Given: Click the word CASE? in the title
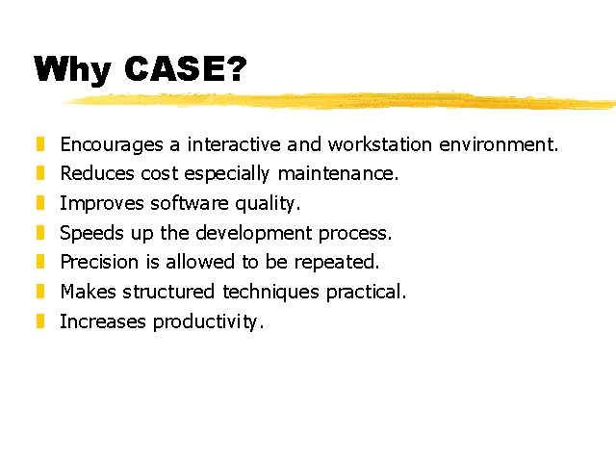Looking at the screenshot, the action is pyautogui.click(x=186, y=68).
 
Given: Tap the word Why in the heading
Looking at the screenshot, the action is pyautogui.click(x=73, y=70).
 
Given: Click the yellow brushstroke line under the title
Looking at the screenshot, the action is pyautogui.click(x=339, y=100).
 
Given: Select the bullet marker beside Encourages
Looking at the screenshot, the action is pyautogui.click(x=40, y=143).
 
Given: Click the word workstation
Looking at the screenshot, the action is pyautogui.click(x=380, y=144).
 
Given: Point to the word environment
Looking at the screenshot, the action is pyautogui.click(x=499, y=144).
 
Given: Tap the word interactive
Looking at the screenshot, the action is pyautogui.click(x=234, y=144).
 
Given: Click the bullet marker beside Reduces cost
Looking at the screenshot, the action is pyautogui.click(x=40, y=173).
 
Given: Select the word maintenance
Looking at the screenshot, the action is pyautogui.click(x=338, y=173).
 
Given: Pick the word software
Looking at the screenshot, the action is pyautogui.click(x=190, y=203).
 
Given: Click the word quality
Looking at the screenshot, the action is pyautogui.click(x=268, y=204).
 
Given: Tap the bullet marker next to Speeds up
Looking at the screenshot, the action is pyautogui.click(x=40, y=233).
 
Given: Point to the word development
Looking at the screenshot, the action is pyautogui.click(x=254, y=233).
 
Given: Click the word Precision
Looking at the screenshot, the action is pyautogui.click(x=99, y=262).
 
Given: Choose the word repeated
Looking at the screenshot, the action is pyautogui.click(x=337, y=263).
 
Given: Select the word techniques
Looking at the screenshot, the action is pyautogui.click(x=271, y=293).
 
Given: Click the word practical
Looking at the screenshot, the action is pyautogui.click(x=366, y=293).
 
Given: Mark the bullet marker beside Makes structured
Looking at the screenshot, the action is pyautogui.click(x=40, y=292).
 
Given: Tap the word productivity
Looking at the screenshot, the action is pyautogui.click(x=208, y=322).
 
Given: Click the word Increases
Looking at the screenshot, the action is pyautogui.click(x=103, y=321).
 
